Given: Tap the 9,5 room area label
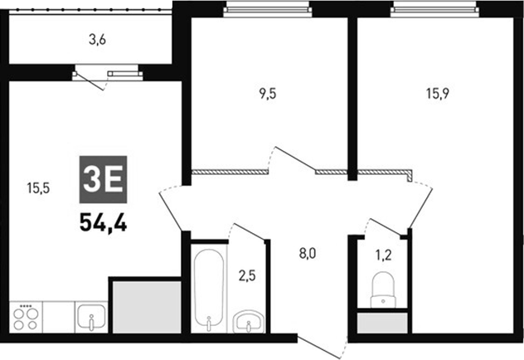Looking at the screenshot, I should [267, 93].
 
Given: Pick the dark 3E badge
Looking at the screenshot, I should [103, 178].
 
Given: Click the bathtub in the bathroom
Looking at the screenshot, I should [207, 287].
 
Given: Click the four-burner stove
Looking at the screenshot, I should [26, 317].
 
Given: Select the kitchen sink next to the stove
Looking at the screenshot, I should [90, 317].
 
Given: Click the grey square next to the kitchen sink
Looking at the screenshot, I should [146, 307].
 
